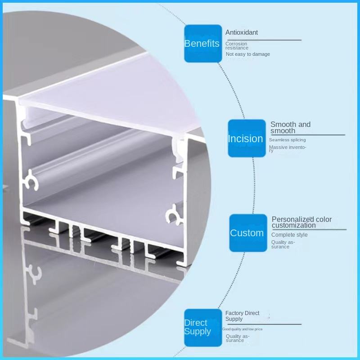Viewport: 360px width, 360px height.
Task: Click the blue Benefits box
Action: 202,43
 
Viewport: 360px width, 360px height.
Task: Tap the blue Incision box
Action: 247,138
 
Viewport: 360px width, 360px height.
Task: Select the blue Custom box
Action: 248,233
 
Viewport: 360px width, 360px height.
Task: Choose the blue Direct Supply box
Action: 203,327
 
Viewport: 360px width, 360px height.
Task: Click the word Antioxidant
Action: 242,32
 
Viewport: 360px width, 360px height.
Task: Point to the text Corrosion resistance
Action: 237,46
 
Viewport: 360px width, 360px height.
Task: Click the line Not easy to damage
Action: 248,54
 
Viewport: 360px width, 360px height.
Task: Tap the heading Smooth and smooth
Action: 290,127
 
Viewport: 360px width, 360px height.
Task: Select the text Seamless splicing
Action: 287,140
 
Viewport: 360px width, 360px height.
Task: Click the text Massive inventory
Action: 287,148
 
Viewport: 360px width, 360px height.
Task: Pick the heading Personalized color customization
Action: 301,222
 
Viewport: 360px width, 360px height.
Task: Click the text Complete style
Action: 289,235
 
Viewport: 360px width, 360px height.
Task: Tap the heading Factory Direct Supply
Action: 242,316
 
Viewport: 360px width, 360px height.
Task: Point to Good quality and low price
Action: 243,329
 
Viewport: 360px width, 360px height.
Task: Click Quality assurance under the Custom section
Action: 283,244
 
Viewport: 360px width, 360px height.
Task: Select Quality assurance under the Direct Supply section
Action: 237,338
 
